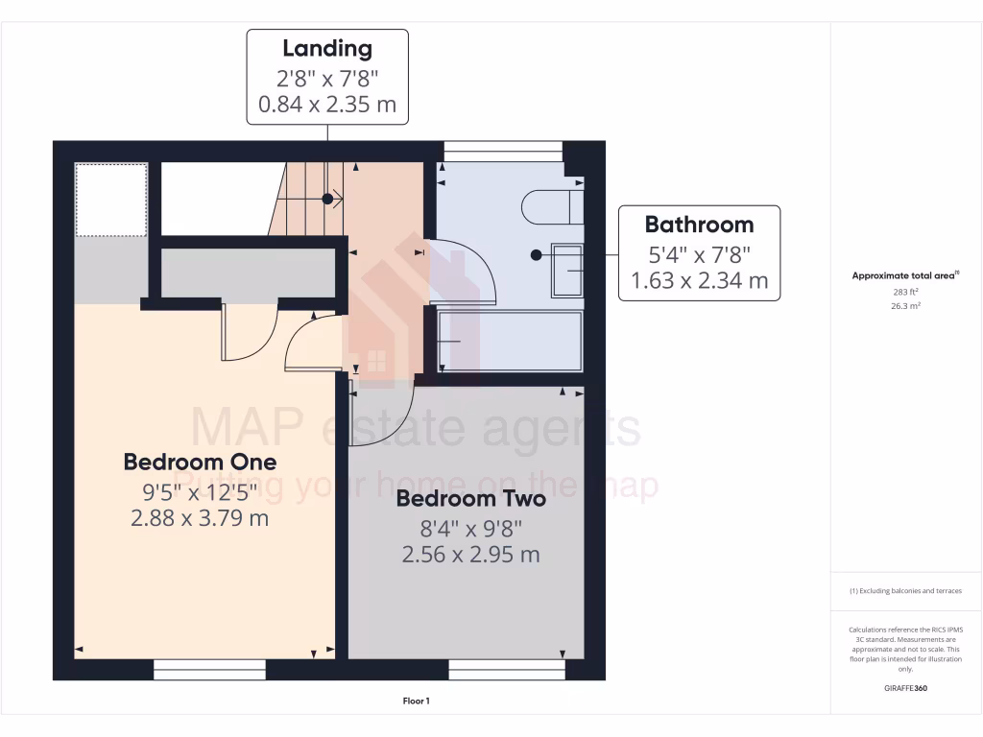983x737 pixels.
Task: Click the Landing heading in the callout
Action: pyautogui.click(x=327, y=48)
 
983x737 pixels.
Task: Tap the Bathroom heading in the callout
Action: pyautogui.click(x=699, y=225)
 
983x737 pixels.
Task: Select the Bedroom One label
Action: pyautogui.click(x=200, y=462)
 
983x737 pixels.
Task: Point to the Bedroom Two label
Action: pyautogui.click(x=470, y=499)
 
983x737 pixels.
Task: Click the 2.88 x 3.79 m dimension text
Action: pyautogui.click(x=200, y=519)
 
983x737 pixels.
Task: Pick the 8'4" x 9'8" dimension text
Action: pyautogui.click(x=470, y=528)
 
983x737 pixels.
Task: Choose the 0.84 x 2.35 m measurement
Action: pyautogui.click(x=327, y=104)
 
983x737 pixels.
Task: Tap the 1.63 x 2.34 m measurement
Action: pyautogui.click(x=699, y=280)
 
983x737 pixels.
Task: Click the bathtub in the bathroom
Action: pyautogui.click(x=510, y=341)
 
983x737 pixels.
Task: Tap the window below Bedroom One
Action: pyautogui.click(x=210, y=669)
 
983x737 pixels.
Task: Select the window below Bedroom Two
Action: pyautogui.click(x=507, y=669)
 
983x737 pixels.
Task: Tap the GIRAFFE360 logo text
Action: pyautogui.click(x=906, y=688)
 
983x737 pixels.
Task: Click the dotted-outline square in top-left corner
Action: pyautogui.click(x=111, y=199)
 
